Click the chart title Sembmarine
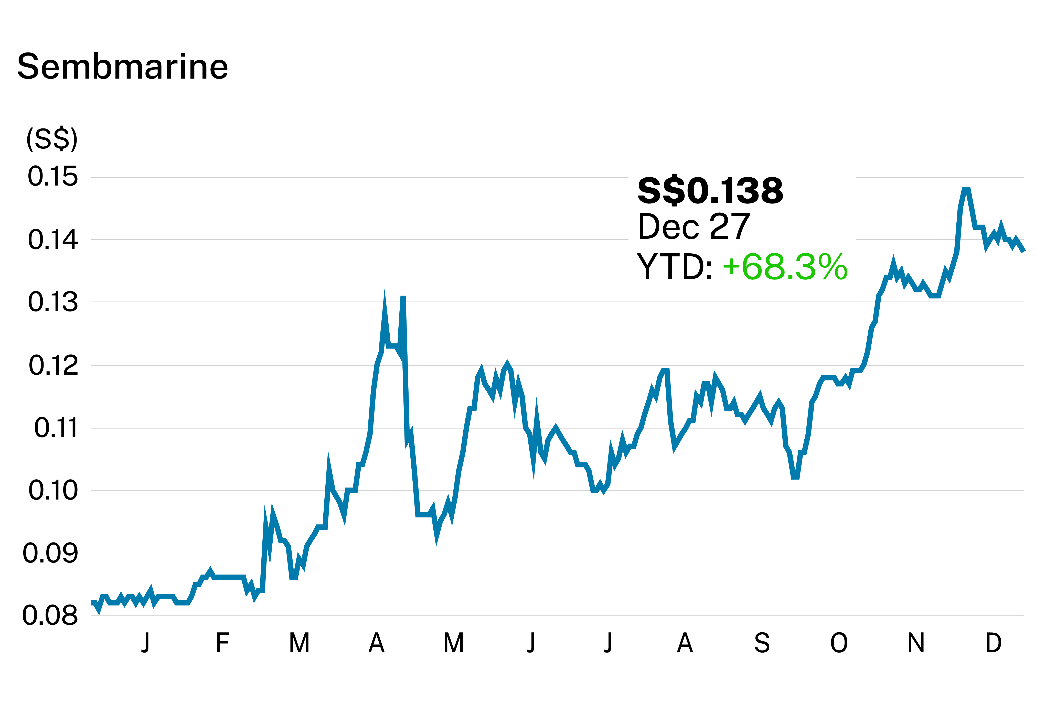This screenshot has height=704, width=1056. [x=123, y=67]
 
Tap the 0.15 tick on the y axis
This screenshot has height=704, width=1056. [x=53, y=177]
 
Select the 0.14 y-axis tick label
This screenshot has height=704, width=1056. [x=53, y=240]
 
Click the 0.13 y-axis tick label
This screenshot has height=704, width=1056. [x=53, y=302]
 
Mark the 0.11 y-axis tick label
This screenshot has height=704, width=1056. [x=56, y=428]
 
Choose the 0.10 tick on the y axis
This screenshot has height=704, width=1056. [x=53, y=490]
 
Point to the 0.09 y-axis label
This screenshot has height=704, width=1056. [x=50, y=553]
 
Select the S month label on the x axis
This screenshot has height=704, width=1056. [x=762, y=643]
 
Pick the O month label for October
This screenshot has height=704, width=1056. [x=839, y=643]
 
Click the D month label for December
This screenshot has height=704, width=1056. [x=993, y=643]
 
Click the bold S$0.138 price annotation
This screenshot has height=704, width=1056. [x=710, y=191]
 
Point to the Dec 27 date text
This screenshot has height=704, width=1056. [x=694, y=227]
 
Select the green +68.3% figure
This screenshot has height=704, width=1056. [x=785, y=267]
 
